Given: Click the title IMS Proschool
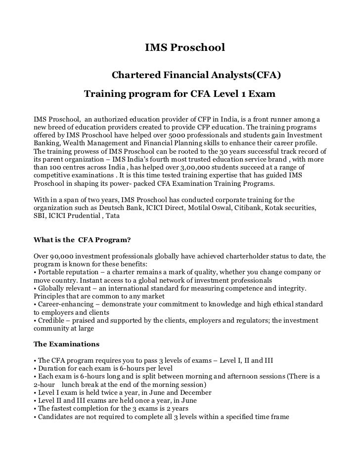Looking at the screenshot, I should click(x=184, y=48).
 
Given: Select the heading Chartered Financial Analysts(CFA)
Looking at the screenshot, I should click(x=196, y=76).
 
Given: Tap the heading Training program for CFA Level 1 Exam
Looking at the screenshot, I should click(x=179, y=93).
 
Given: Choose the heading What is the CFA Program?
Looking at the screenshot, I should click(x=82, y=241).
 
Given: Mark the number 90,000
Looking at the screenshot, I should click(x=59, y=256).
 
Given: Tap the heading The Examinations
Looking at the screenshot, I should click(x=66, y=343).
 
